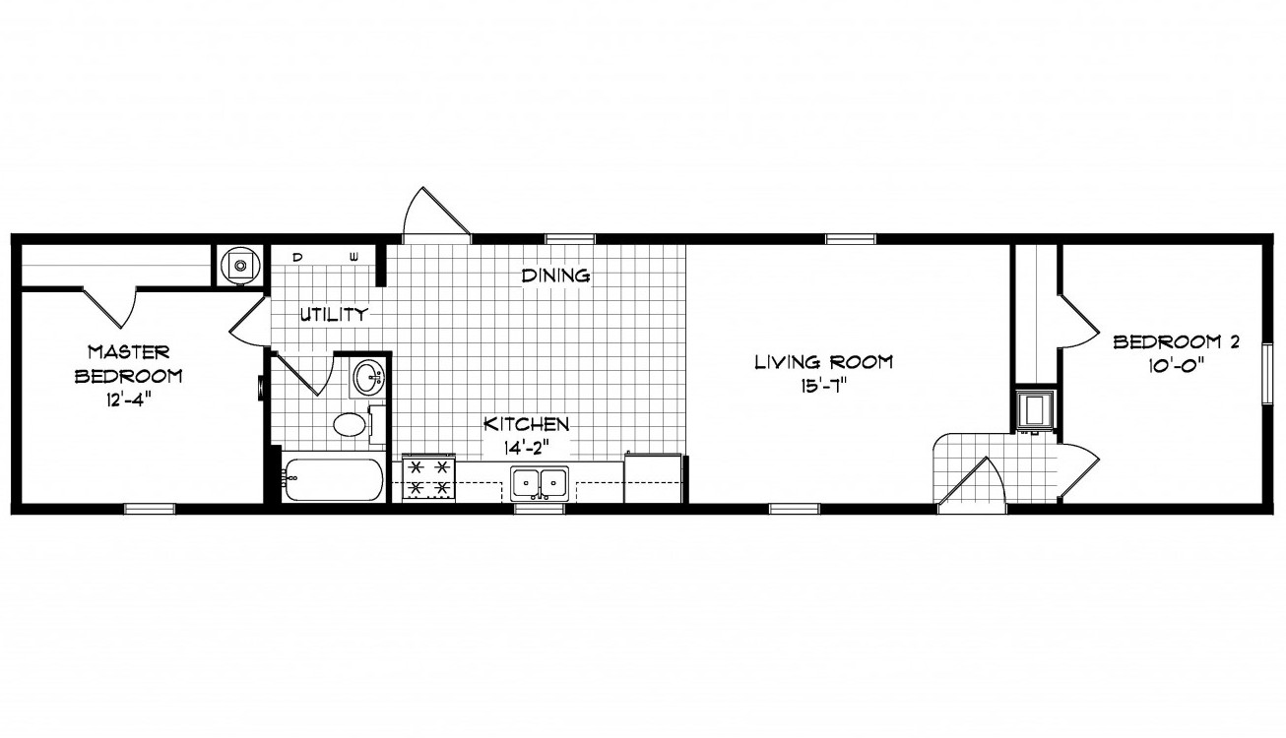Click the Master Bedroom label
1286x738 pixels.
pos(129,363)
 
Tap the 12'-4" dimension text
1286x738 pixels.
pos(128,400)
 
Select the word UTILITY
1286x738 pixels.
pos(334,315)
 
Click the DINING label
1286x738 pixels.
pos(555,277)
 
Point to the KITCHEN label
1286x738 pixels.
pos(527,425)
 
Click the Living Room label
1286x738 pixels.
pos(823,362)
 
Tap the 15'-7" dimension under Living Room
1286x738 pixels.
pos(824,386)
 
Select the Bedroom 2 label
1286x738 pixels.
pos(1177,342)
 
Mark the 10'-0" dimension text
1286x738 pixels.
pos(1176,366)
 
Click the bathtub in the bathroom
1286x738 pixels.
pos(333,480)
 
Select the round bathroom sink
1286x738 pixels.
pos(368,377)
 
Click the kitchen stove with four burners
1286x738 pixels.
pos(428,478)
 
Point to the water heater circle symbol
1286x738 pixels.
pos(239,265)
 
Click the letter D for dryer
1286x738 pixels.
pos(297,258)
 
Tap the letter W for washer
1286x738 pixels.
pos(354,258)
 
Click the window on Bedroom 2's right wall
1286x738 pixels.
pos(1267,374)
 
